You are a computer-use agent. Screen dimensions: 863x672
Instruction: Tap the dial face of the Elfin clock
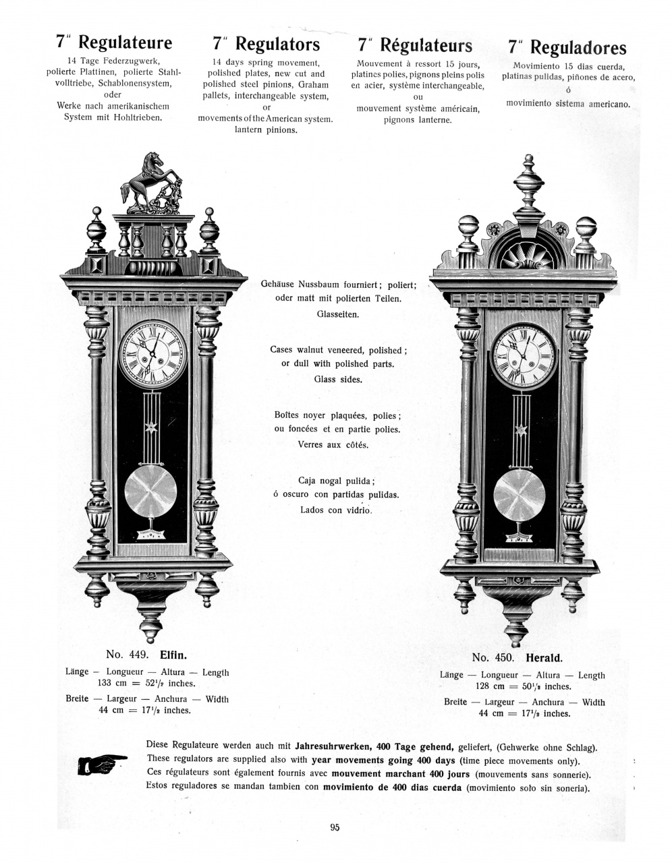pyautogui.click(x=152, y=354)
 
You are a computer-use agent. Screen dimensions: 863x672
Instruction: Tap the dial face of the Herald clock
pyautogui.click(x=524, y=358)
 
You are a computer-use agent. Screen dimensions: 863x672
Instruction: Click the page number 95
pyautogui.click(x=335, y=828)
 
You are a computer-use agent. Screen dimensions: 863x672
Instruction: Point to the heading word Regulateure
pyautogui.click(x=125, y=43)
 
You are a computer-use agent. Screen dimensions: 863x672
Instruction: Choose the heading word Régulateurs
pyautogui.click(x=426, y=45)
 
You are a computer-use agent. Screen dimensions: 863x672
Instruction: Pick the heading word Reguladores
pyautogui.click(x=578, y=47)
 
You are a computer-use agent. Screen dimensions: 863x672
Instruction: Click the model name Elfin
pyautogui.click(x=173, y=655)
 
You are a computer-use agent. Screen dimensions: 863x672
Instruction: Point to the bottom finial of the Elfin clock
pyautogui.click(x=151, y=624)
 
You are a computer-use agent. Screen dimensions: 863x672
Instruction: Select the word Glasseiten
pyautogui.click(x=339, y=314)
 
